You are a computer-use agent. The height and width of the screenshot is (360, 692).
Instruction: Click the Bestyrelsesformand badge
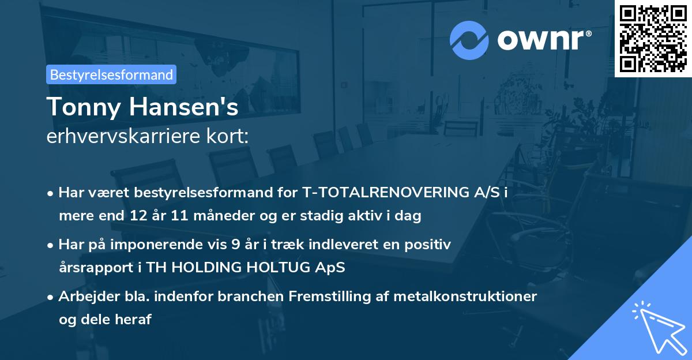point(111,74)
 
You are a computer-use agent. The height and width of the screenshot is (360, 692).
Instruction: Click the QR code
point(653,39)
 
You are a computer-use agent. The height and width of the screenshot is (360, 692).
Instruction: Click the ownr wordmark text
point(543,39)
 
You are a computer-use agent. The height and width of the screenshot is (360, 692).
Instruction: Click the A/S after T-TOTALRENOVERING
point(487,193)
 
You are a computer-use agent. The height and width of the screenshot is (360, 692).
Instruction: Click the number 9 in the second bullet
point(235,245)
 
